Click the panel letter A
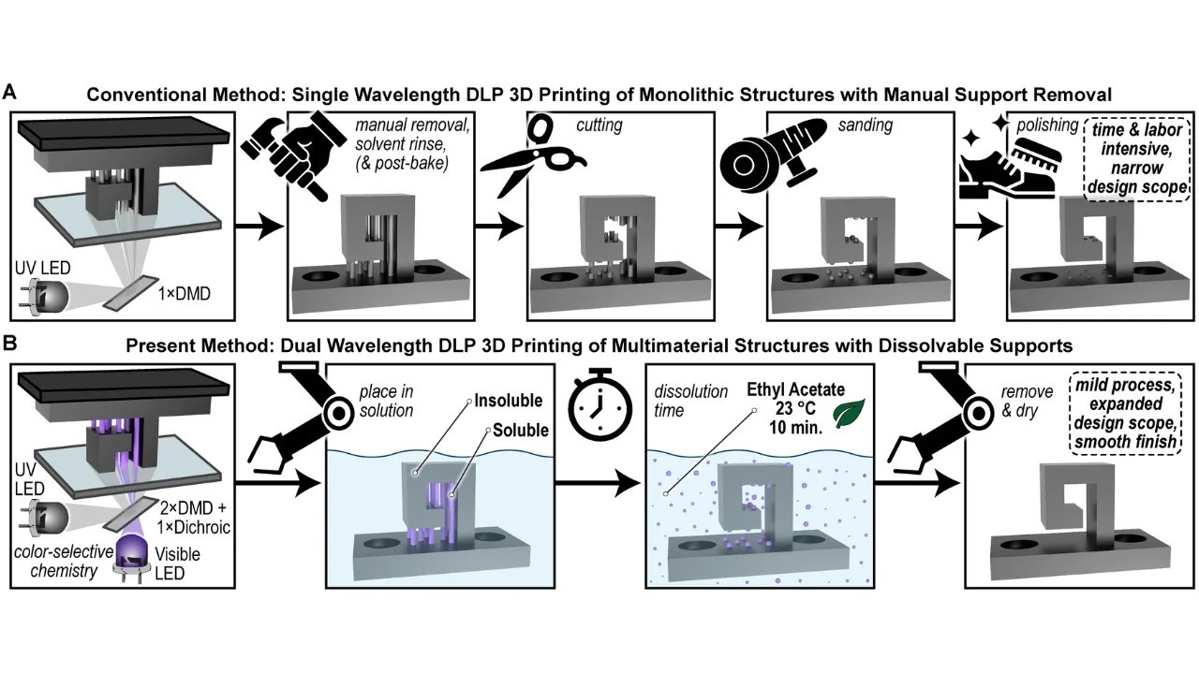click(11, 91)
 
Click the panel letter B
click(11, 344)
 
